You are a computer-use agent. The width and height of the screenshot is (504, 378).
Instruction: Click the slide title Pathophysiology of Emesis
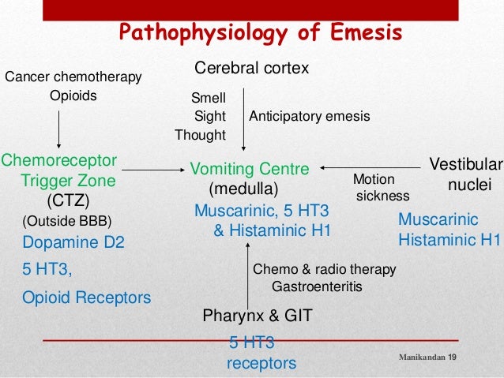click(261, 33)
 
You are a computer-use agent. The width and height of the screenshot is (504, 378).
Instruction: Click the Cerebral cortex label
click(251, 69)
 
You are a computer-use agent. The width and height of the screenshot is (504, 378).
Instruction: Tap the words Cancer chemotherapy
click(73, 77)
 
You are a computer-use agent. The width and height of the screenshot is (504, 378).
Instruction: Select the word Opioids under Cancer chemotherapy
click(73, 96)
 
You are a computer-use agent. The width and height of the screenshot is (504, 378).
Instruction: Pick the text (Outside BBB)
click(67, 220)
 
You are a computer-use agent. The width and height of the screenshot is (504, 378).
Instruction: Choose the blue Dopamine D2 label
click(73, 243)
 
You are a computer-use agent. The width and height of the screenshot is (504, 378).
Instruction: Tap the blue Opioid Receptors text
click(86, 298)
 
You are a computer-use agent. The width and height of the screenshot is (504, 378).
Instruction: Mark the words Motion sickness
click(382, 187)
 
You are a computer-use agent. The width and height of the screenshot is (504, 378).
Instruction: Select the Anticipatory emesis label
click(310, 116)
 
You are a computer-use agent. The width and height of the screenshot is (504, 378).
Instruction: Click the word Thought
click(200, 135)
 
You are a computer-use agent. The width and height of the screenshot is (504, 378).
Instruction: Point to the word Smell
click(209, 98)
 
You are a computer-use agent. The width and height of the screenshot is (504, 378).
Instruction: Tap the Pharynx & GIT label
click(258, 316)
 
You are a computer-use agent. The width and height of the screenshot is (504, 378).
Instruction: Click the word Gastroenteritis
click(317, 286)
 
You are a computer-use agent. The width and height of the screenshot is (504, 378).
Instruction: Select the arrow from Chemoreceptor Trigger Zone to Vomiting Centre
click(150, 167)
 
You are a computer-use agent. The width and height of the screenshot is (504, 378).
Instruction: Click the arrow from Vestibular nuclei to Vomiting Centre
click(371, 167)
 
